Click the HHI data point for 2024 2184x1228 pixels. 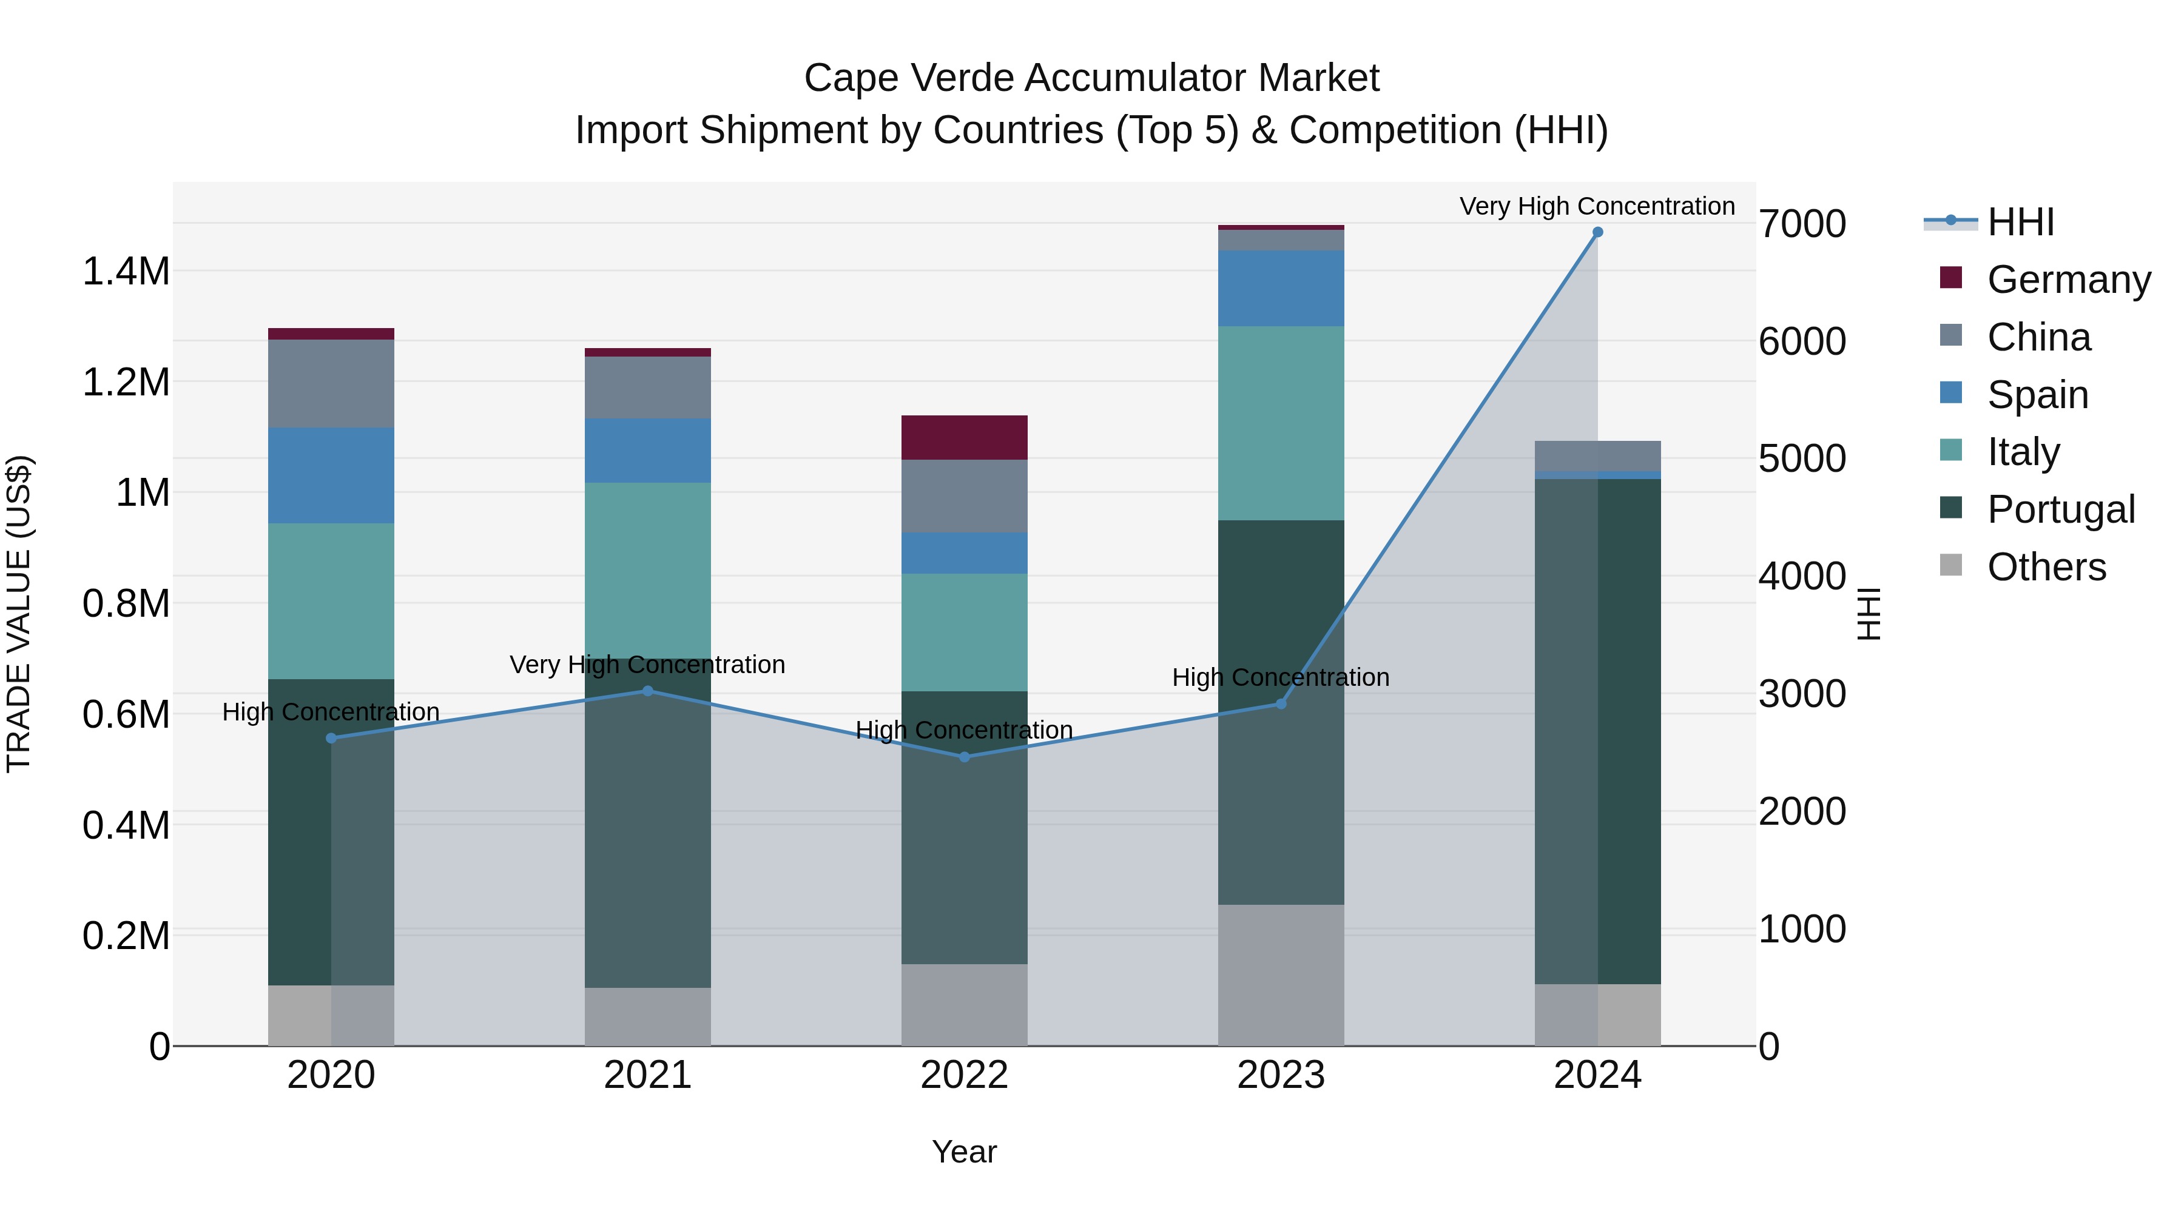pyautogui.click(x=1597, y=232)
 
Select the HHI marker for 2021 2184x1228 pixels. pyautogui.click(x=648, y=691)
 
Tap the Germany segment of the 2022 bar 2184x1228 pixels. pyautogui.click(x=964, y=437)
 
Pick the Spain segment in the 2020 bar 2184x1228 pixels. pyautogui.click(x=331, y=475)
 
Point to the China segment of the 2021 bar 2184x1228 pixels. pyautogui.click(x=648, y=388)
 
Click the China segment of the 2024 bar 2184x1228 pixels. pyautogui.click(x=1597, y=456)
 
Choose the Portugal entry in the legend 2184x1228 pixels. pyautogui.click(x=2060, y=509)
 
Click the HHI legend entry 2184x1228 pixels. pyautogui.click(x=2020, y=222)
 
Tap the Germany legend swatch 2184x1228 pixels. pyautogui.click(x=1951, y=278)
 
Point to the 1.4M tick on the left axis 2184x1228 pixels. pyautogui.click(x=126, y=272)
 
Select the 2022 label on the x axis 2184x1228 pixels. pyautogui.click(x=964, y=1075)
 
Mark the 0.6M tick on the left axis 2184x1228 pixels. pyautogui.click(x=126, y=714)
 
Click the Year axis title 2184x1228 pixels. pyautogui.click(x=964, y=1152)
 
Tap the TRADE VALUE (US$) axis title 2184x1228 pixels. pyautogui.click(x=19, y=614)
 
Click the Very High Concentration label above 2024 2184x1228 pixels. pyautogui.click(x=1597, y=206)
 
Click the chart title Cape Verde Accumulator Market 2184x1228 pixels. pyautogui.click(x=1091, y=78)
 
